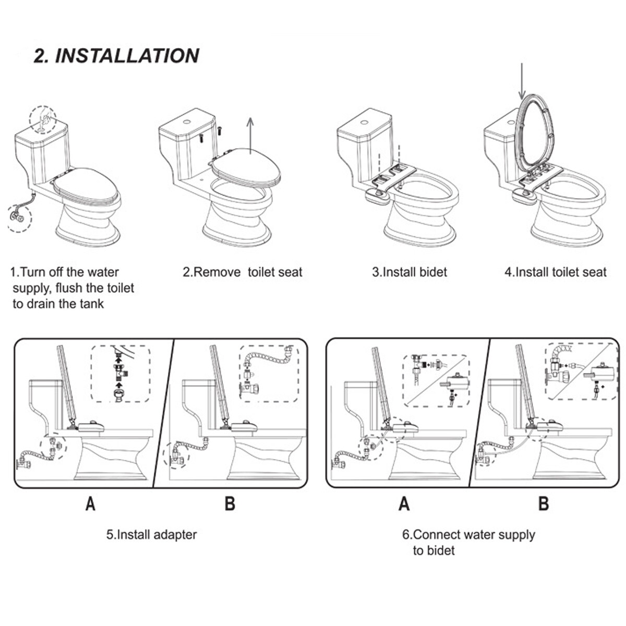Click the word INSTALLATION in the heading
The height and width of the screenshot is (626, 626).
[127, 55]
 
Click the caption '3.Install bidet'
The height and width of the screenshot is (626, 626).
[410, 272]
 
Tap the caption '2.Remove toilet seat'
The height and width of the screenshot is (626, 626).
[242, 272]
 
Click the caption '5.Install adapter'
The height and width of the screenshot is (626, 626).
[151, 535]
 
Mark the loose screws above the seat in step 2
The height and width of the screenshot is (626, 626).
[210, 134]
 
